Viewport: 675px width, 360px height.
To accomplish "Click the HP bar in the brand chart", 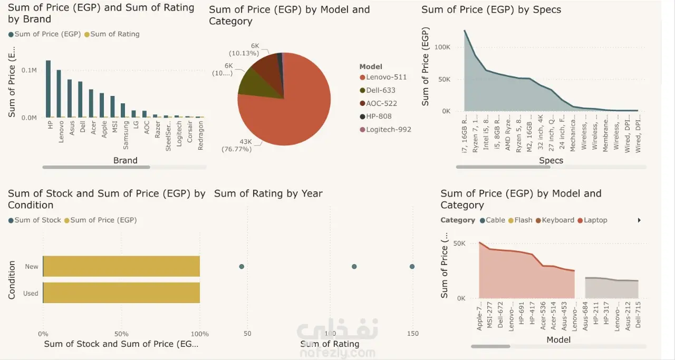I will pyautogui.click(x=48, y=89).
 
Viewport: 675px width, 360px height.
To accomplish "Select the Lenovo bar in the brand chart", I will pyautogui.click(x=59, y=93).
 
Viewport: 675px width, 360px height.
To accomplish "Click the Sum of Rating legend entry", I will pyautogui.click(x=114, y=34).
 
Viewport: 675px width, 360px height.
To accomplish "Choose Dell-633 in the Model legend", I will pyautogui.click(x=381, y=90).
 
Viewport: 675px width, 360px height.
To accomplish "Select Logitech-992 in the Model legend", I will pyautogui.click(x=389, y=130).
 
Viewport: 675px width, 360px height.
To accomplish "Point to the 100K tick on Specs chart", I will pyautogui.click(x=442, y=47).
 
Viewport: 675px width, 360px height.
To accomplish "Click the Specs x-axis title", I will pyautogui.click(x=551, y=160).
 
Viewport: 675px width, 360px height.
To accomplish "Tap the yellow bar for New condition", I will pyautogui.click(x=121, y=266).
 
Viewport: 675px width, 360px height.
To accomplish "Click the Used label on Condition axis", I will pyautogui.click(x=31, y=294).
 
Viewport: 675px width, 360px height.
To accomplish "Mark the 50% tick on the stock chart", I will pyautogui.click(x=121, y=334).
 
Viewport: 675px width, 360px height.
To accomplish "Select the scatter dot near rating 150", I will pyautogui.click(x=412, y=267).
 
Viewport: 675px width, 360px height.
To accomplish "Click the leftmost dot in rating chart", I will pyautogui.click(x=242, y=267).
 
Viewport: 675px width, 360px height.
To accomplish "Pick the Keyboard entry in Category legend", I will pyautogui.click(x=558, y=220).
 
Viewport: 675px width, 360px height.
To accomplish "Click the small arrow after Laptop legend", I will pyautogui.click(x=639, y=220).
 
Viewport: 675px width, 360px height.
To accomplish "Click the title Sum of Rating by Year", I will pyautogui.click(x=268, y=194).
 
